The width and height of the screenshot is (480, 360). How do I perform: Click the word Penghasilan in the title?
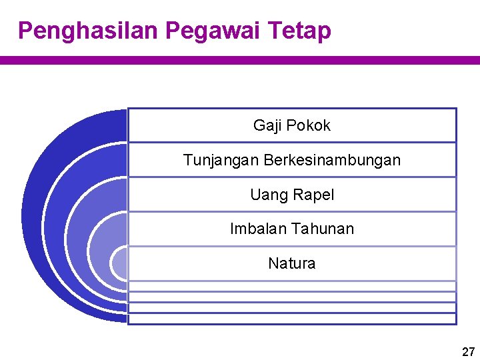[88, 31]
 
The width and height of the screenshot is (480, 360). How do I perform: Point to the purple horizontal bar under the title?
[240, 60]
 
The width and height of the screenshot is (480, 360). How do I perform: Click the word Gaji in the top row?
[267, 126]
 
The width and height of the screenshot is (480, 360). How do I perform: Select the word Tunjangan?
[221, 161]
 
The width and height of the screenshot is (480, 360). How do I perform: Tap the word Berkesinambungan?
[332, 160]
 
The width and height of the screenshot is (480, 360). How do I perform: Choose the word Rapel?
[313, 195]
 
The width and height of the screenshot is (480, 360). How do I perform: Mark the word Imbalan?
[256, 229]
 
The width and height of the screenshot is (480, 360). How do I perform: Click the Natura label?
[291, 263]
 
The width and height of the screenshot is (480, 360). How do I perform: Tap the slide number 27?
[468, 352]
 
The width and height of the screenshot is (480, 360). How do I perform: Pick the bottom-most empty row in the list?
[291, 319]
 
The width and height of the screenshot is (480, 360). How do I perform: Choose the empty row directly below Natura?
[291, 286]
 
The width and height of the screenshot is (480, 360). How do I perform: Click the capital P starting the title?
[25, 31]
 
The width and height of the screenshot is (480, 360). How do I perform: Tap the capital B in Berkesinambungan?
[269, 161]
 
